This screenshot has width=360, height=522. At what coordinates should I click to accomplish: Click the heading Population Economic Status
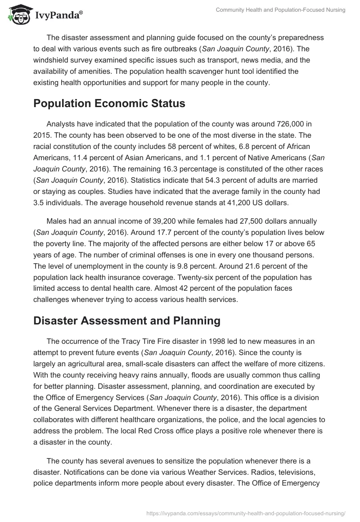(109, 103)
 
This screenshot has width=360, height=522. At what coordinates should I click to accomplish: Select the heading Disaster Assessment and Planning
(127, 320)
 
